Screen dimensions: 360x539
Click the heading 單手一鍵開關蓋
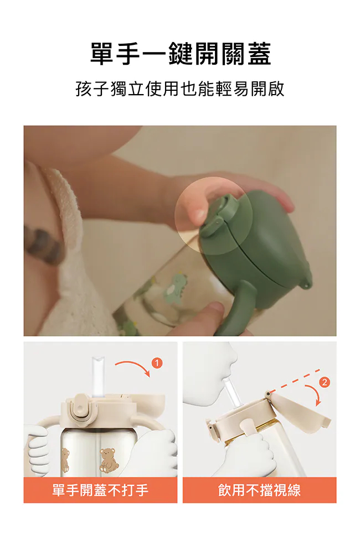coord(181,54)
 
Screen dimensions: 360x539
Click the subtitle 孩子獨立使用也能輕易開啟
coord(180,89)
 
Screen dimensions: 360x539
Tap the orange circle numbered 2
coord(325,382)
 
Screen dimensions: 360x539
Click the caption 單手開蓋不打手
coord(100,490)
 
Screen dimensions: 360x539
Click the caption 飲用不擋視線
coord(259,490)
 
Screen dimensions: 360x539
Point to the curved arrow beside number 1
coord(134,366)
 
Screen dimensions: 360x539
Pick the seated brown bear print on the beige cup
coord(109,459)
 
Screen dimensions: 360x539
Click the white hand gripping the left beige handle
coord(38,447)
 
